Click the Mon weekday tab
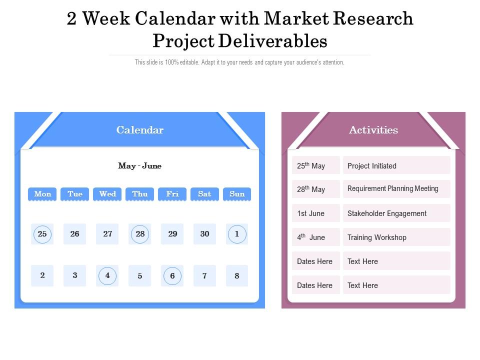42,194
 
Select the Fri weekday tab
172,194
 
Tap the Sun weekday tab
237,194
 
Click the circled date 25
42,234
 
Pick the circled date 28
140,234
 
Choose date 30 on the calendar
204,234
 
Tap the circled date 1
237,234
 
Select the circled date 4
107,275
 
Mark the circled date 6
172,275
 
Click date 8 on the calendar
237,275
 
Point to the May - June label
139,166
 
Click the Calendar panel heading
140,130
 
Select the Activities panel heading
373,130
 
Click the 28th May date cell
315,189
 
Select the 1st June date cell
315,213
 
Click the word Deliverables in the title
273,41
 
